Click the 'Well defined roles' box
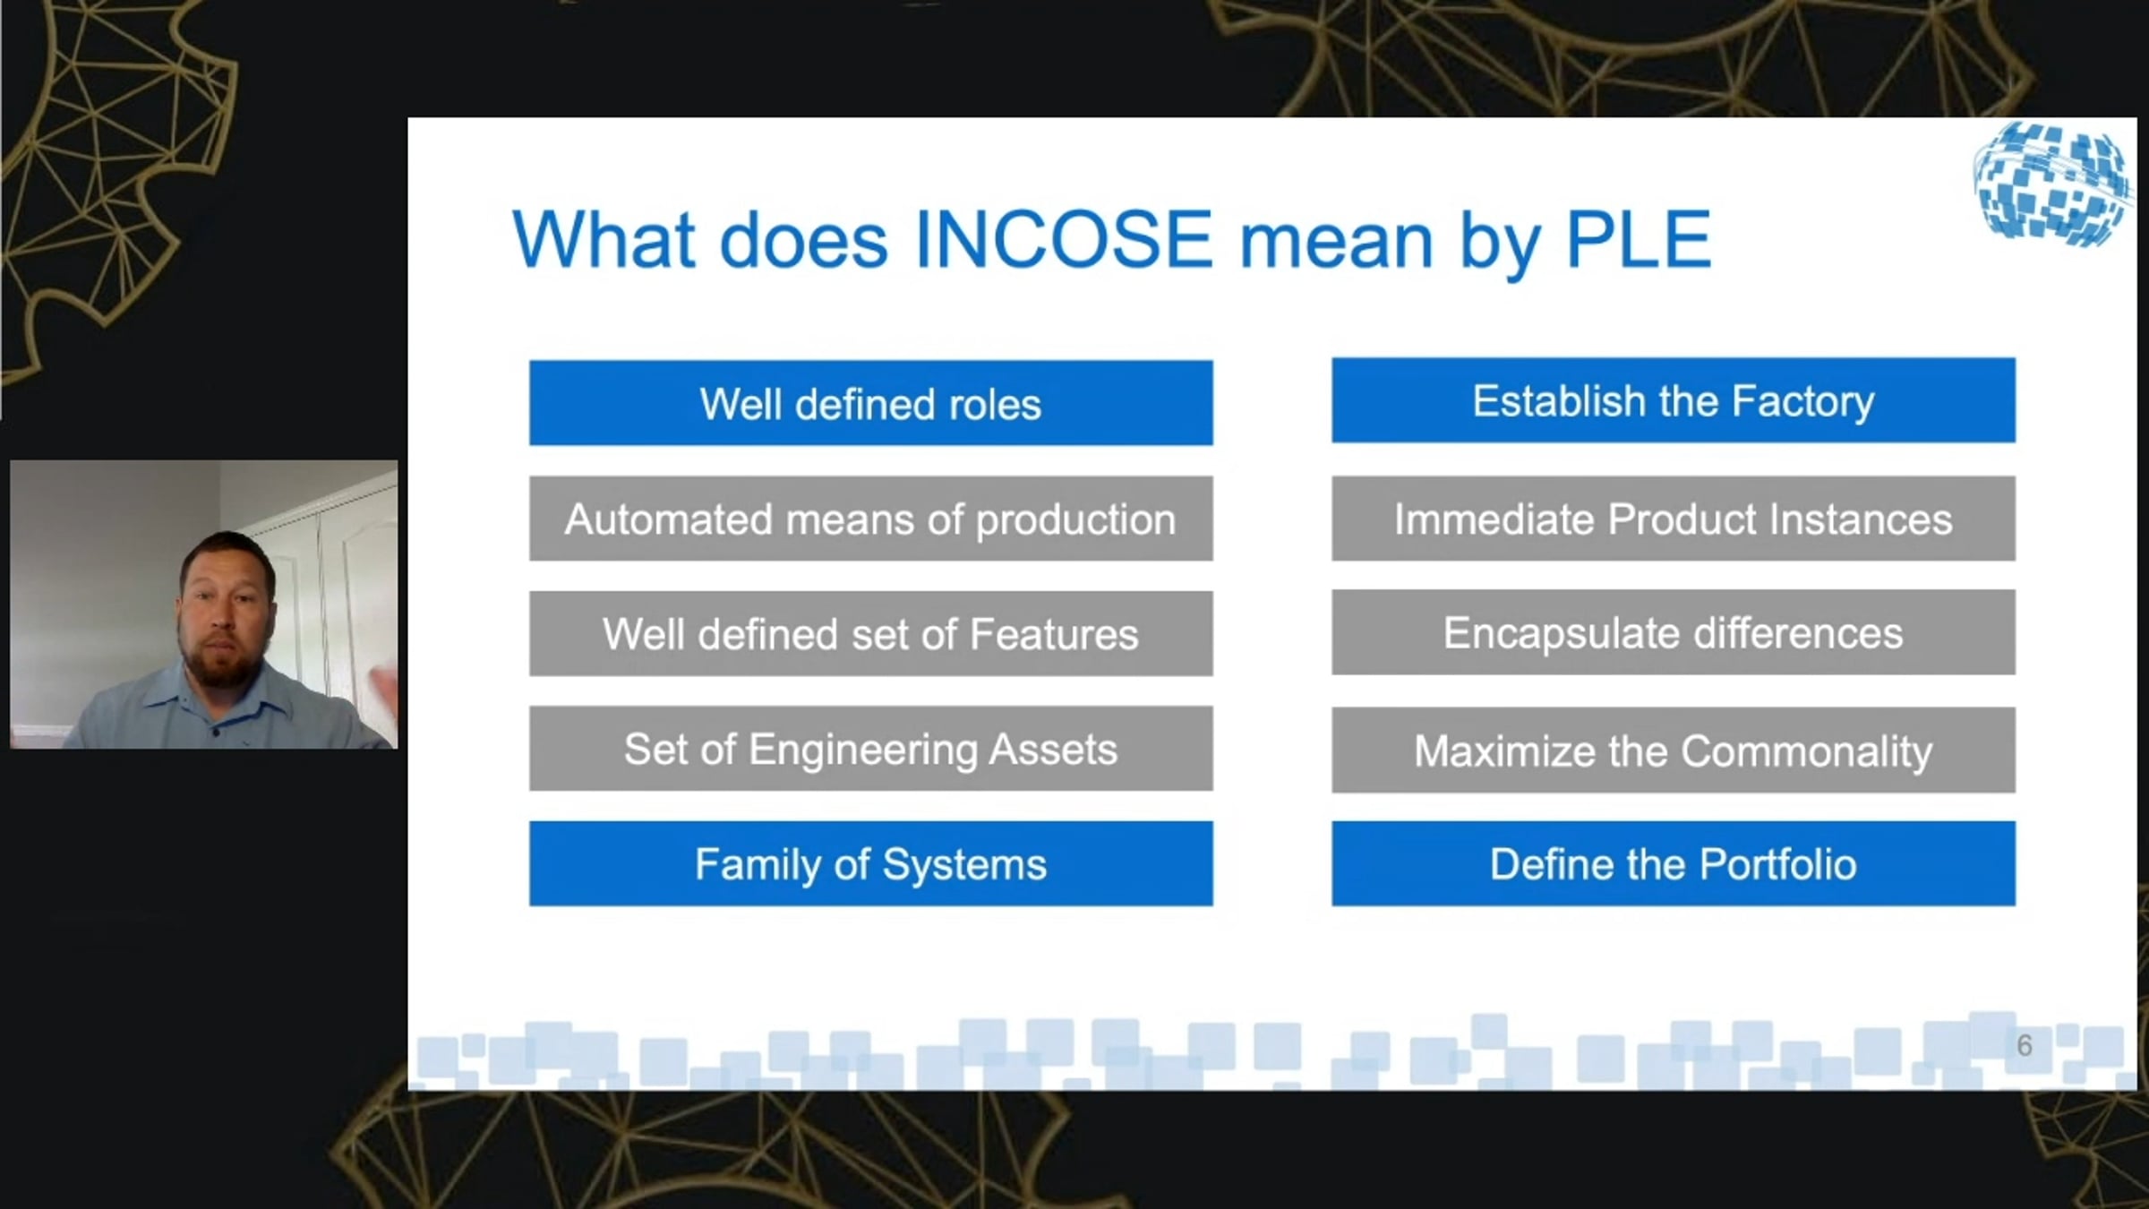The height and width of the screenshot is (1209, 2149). [x=870, y=403]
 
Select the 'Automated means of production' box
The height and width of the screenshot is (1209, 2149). [x=870, y=519]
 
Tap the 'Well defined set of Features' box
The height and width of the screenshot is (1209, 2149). [x=870, y=633]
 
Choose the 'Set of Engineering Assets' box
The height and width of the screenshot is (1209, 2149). [x=870, y=749]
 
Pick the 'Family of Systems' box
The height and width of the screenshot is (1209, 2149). [x=870, y=863]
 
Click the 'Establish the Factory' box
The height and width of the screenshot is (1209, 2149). [x=1674, y=400]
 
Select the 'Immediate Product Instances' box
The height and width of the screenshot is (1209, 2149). [x=1674, y=519]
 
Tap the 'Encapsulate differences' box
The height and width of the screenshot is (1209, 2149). [x=1674, y=632]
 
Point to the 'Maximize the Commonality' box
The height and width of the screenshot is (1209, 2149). [x=1674, y=750]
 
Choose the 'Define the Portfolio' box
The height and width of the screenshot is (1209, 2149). [x=1674, y=863]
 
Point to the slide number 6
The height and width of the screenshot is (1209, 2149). [x=2025, y=1045]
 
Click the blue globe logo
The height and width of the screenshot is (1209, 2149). [x=2051, y=184]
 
